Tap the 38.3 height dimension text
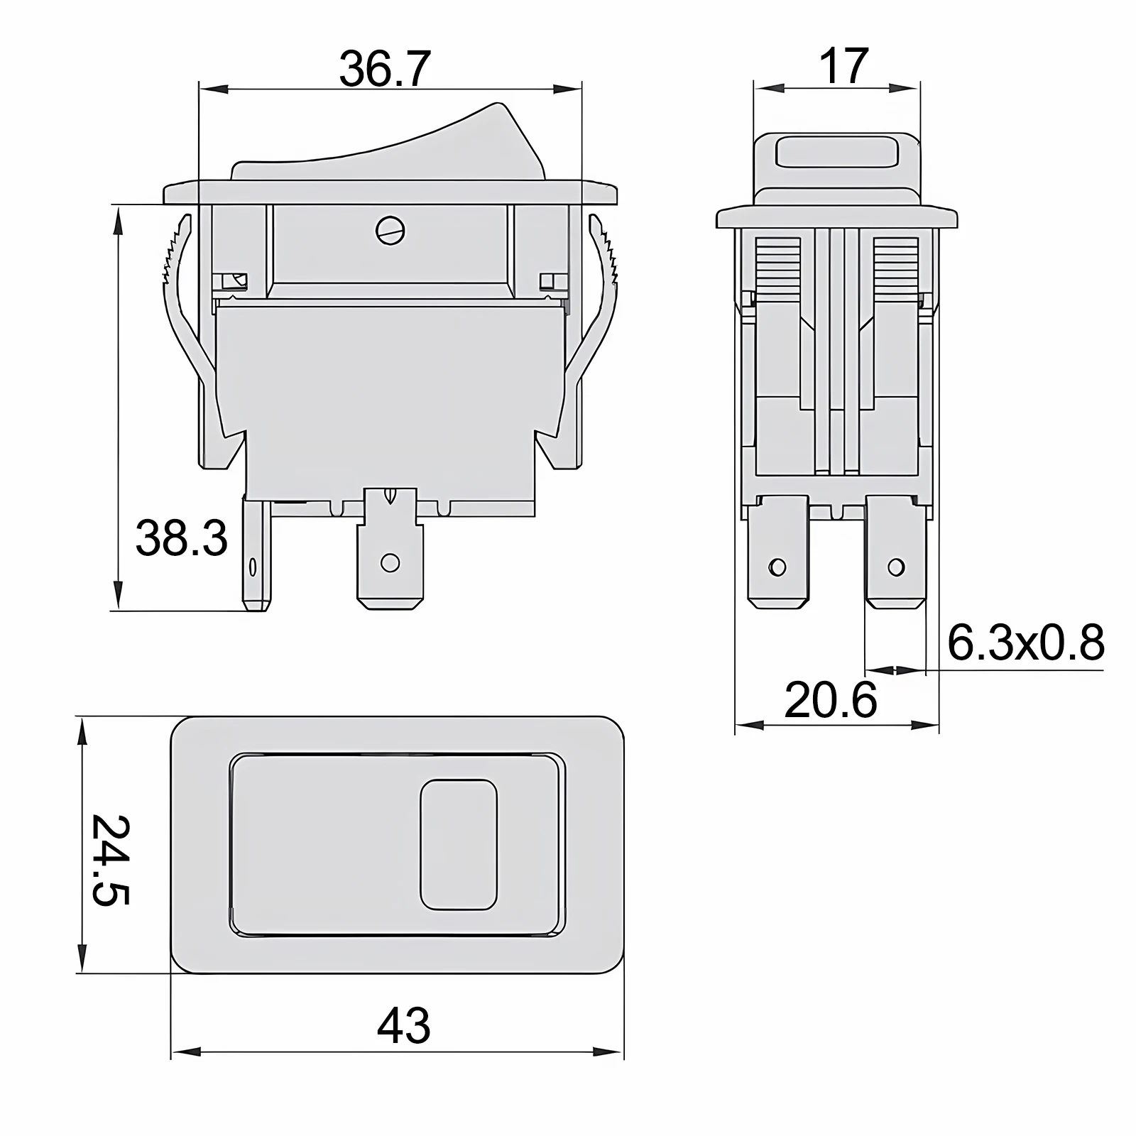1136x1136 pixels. click(182, 538)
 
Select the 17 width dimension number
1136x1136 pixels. click(843, 67)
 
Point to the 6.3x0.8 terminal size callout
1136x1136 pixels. click(1025, 643)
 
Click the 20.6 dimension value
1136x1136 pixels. click(831, 700)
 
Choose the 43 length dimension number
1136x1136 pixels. click(403, 1025)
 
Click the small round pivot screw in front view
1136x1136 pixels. click(390, 229)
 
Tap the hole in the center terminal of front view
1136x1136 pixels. click(389, 563)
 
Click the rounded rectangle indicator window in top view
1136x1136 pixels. click(459, 844)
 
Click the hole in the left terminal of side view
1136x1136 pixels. click(777, 567)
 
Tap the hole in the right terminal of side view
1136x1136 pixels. click(896, 567)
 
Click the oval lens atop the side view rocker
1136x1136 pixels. click(836, 151)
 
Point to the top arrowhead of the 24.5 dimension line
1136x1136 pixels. click(83, 731)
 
